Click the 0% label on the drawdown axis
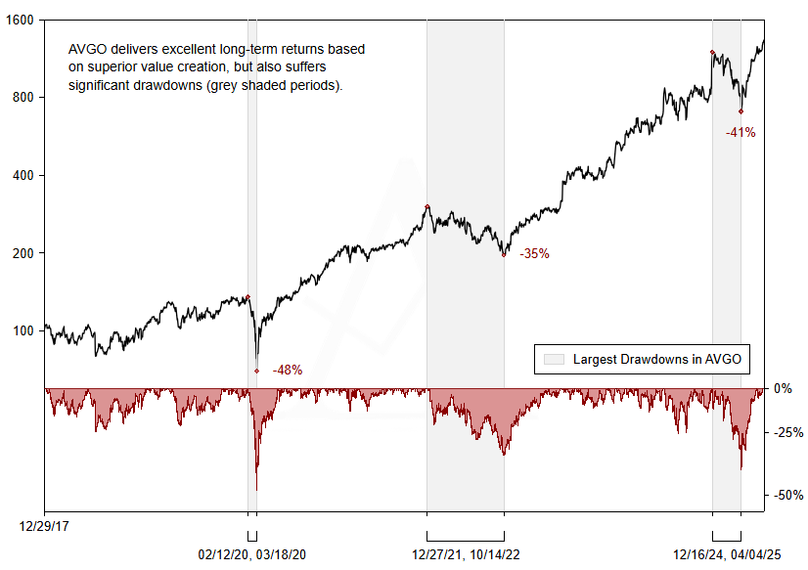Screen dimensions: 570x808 (783, 388)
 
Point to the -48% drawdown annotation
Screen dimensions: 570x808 (287, 370)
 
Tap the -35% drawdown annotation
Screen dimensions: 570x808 (534, 253)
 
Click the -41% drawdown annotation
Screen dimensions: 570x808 (740, 132)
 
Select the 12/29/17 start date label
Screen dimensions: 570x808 (44, 526)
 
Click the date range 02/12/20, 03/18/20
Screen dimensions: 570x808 (253, 554)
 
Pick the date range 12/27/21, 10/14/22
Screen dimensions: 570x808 (466, 554)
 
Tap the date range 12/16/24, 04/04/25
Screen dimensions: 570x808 (728, 554)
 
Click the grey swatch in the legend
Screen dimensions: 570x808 (554, 359)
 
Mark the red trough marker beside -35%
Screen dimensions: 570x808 (504, 254)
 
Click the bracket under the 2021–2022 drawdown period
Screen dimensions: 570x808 (466, 537)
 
